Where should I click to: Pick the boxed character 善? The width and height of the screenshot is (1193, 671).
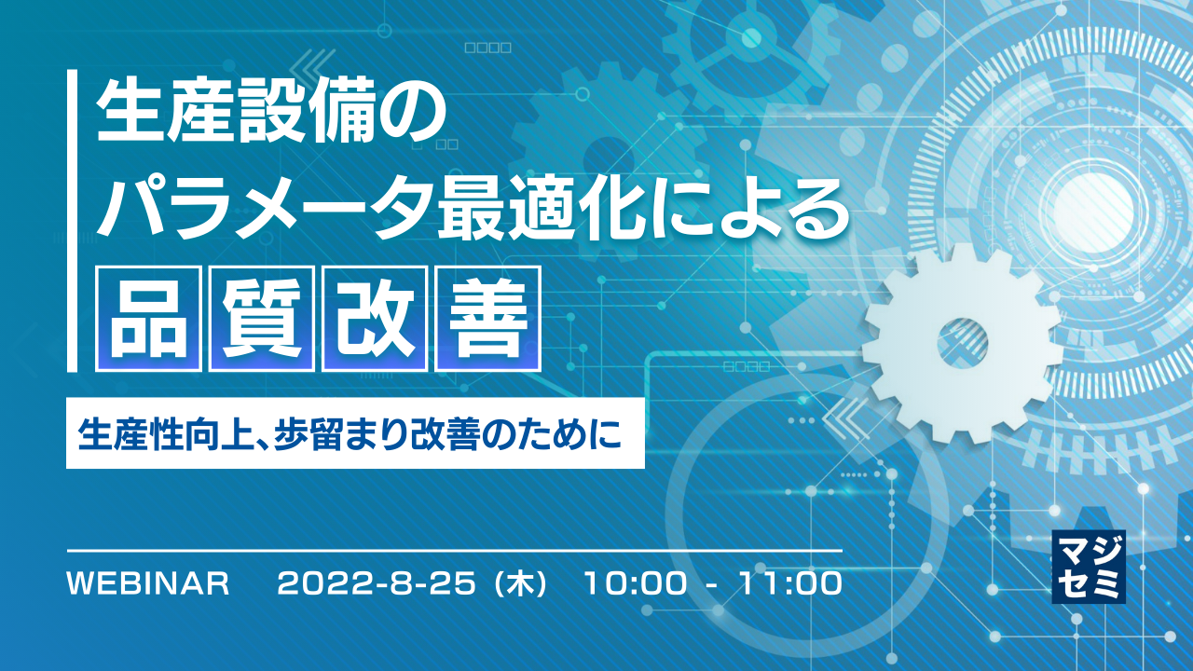pyautogui.click(x=487, y=318)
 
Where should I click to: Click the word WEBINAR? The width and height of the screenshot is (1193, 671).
pyautogui.click(x=149, y=584)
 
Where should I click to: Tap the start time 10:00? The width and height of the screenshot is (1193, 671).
pyautogui.click(x=638, y=584)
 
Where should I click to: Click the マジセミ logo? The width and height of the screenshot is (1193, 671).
pyautogui.click(x=1088, y=566)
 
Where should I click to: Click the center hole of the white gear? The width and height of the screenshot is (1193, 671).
pyautogui.click(x=962, y=341)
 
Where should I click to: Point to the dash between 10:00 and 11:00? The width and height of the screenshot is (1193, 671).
pyautogui.click(x=712, y=585)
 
